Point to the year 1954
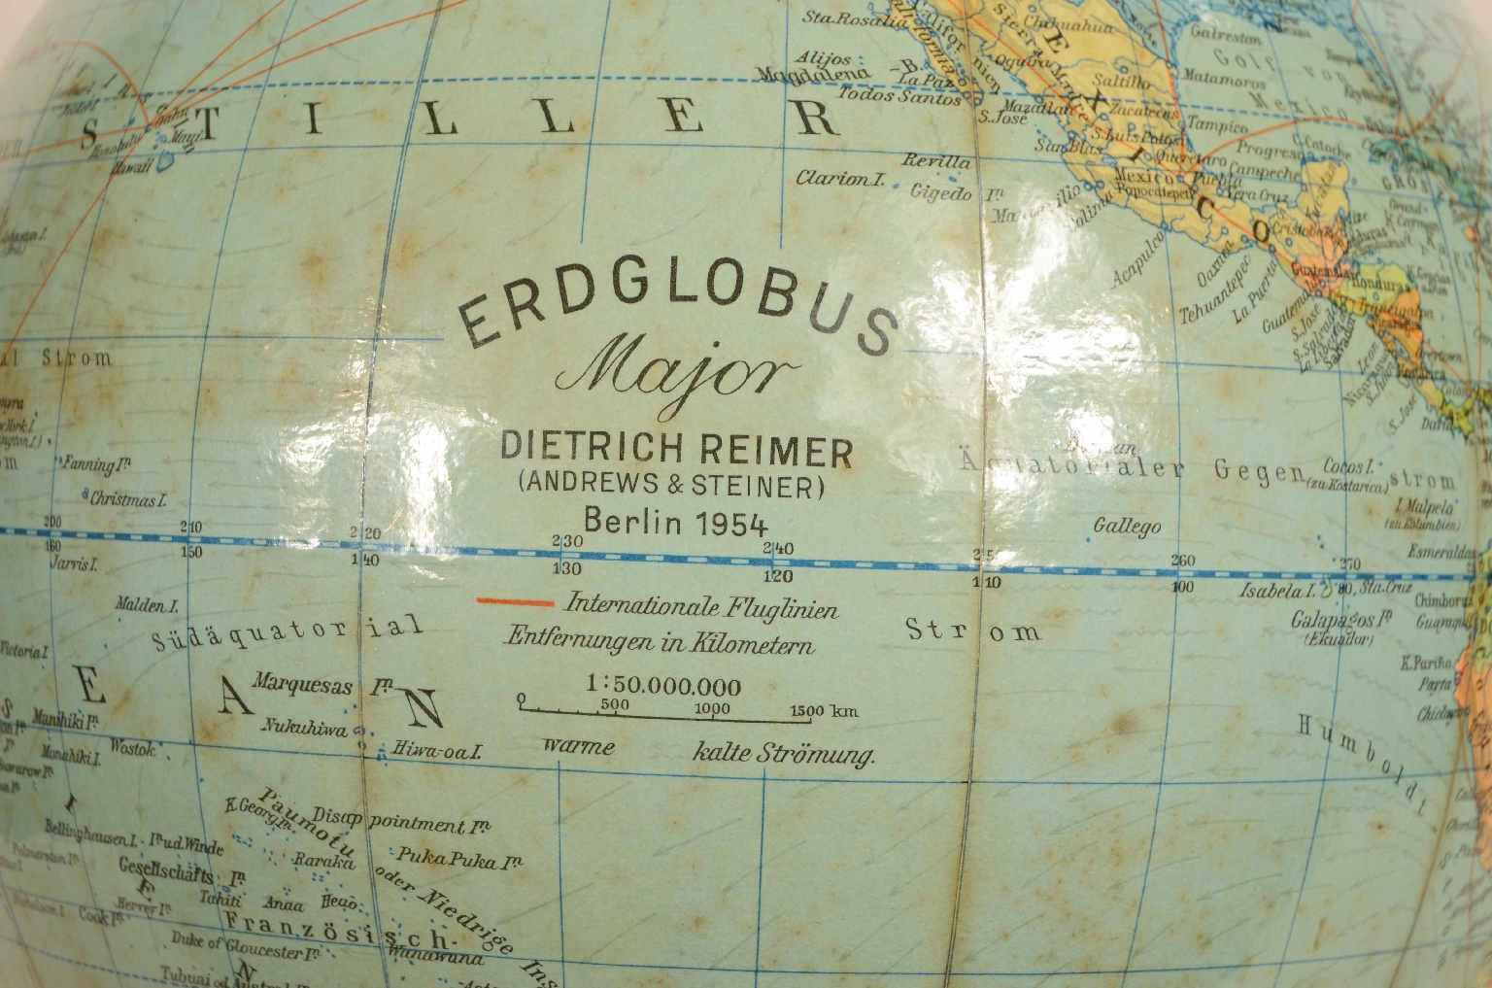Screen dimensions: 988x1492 [730, 523]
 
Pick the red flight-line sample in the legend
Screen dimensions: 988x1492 [514, 602]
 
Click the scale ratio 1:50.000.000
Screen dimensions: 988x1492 [663, 687]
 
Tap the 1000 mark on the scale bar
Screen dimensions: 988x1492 [712, 708]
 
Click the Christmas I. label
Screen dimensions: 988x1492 [128, 500]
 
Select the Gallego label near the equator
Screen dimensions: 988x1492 [1127, 526]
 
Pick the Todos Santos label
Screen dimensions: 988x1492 [899, 96]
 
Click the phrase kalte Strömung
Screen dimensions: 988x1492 [784, 753]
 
